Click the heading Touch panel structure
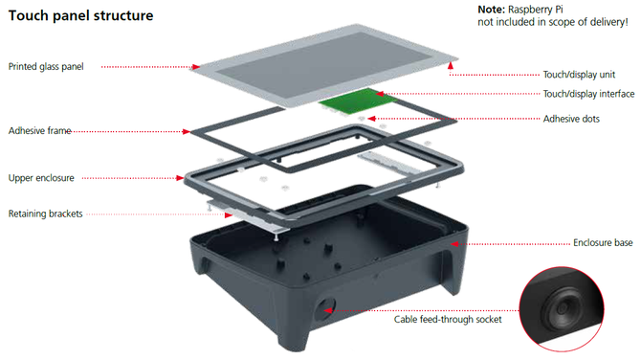point(81,15)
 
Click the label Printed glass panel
point(46,67)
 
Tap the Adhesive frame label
point(39,131)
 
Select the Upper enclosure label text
point(41,178)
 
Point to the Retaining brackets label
point(45,214)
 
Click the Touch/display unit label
point(579,75)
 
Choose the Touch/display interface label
point(588,94)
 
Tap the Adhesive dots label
point(571,119)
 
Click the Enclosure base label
point(603,243)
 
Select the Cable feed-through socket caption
point(448,320)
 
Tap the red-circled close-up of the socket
point(562,309)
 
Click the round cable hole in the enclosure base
point(325,309)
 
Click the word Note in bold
point(492,10)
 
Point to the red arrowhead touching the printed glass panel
point(196,67)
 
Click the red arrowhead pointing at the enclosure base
point(454,244)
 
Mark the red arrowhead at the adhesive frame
point(187,132)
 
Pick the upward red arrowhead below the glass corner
point(451,65)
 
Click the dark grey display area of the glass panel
point(324,65)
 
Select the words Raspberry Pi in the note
point(536,10)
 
